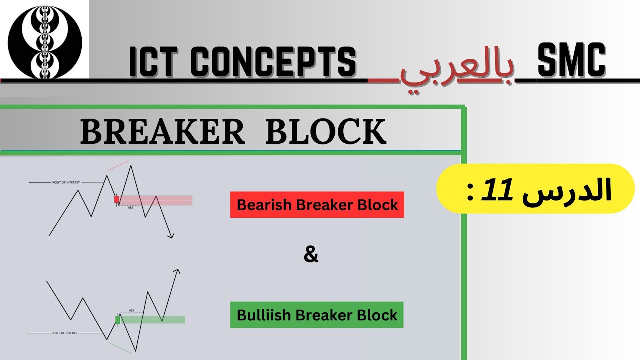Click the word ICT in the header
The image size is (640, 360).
[155, 62]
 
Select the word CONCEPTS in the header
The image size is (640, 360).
[273, 62]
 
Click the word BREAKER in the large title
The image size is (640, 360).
[162, 132]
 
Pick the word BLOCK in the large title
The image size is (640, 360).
[326, 132]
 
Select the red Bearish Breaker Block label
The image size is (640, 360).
[317, 205]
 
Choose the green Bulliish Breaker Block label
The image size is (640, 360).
[317, 315]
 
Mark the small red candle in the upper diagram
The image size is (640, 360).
[117, 199]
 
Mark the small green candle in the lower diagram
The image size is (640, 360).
[118, 320]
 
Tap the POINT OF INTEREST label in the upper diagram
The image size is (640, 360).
[66, 183]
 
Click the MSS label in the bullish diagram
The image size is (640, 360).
[131, 310]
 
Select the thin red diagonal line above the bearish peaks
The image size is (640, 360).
[117, 166]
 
